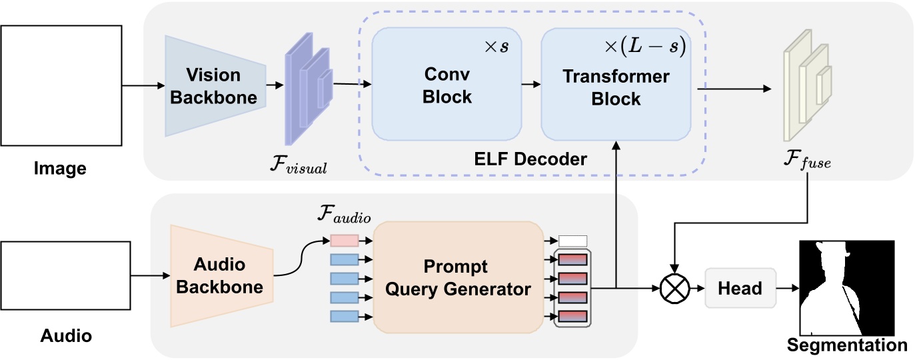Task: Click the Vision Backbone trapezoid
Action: tap(215, 86)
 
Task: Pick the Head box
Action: tap(740, 288)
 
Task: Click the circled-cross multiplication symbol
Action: tap(674, 289)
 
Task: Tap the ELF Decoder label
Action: tap(532, 159)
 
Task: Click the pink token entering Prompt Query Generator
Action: tap(345, 240)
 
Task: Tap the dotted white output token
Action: tap(572, 241)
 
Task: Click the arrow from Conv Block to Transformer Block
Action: tap(530, 85)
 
